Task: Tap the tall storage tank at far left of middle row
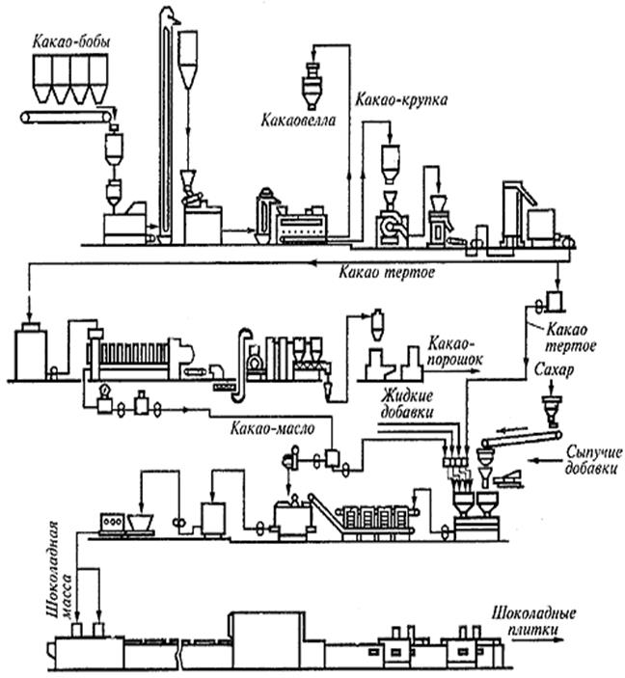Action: (32, 349)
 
